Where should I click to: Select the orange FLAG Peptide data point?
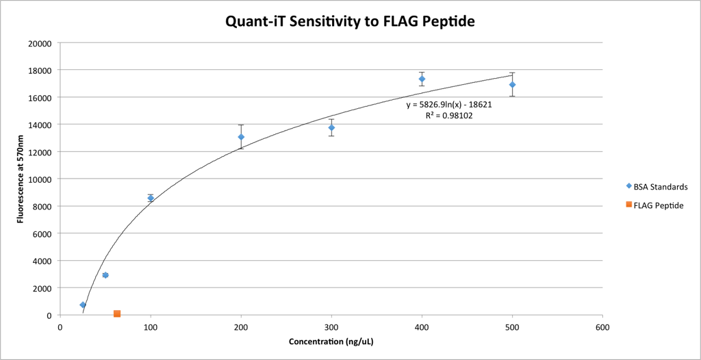pos(117,313)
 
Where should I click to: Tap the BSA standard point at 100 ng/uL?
pos(151,198)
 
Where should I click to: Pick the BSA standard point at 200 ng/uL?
pos(241,137)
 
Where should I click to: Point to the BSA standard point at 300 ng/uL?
pos(331,127)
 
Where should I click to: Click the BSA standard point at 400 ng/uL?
pos(422,79)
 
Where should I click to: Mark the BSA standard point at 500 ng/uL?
pos(512,84)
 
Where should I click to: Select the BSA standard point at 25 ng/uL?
pos(83,305)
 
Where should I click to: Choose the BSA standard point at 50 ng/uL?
pos(105,275)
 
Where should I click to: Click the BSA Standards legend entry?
pos(657,186)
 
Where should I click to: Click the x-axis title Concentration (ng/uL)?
pos(331,342)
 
